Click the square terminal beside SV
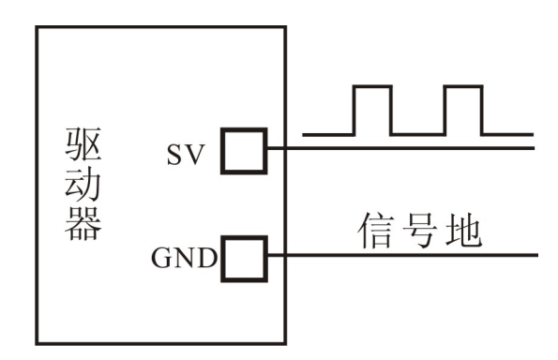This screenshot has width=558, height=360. coord(243,150)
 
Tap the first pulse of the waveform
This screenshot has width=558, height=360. coord(371,108)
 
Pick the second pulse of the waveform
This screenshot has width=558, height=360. coord(462,108)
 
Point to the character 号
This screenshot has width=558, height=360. coord(421,232)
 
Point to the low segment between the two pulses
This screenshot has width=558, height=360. coord(417,133)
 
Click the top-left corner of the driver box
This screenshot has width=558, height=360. coord(38,25)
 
